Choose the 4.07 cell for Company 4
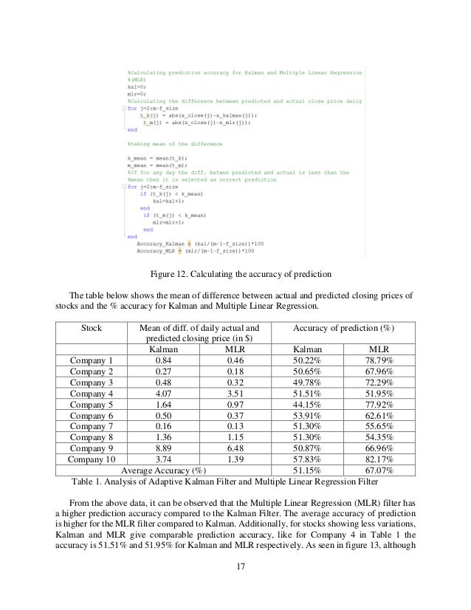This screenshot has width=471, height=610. click(x=164, y=394)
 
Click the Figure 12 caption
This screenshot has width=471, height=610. click(x=235, y=275)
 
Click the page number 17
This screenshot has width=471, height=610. click(x=235, y=567)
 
